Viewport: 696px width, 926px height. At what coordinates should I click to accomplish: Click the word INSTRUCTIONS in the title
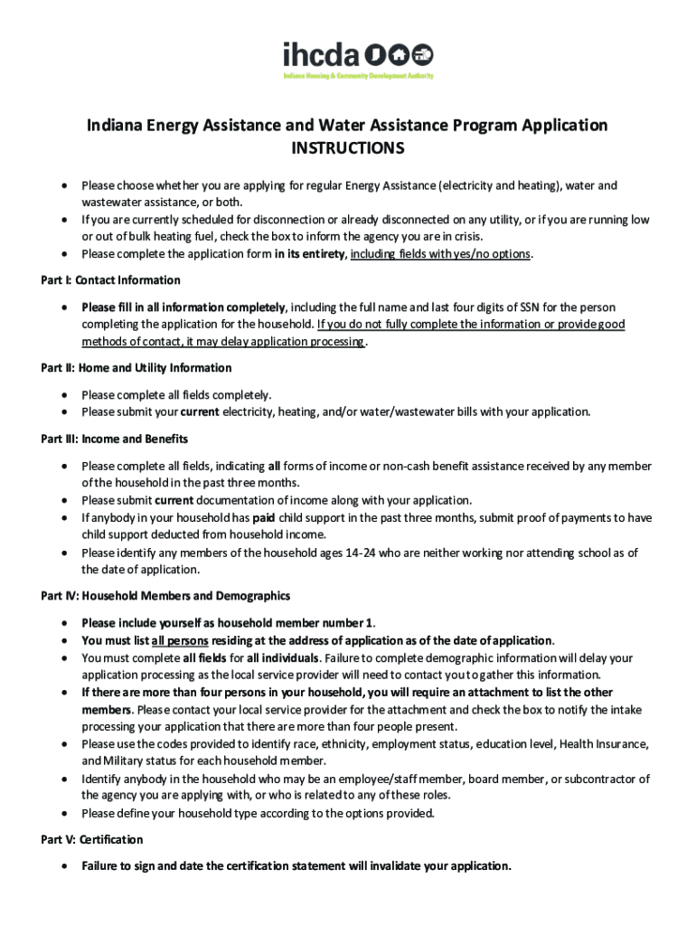coord(347,147)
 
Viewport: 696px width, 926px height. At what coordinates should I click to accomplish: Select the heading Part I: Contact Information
coord(110,280)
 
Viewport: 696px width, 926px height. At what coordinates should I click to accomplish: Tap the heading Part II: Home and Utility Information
coord(136,368)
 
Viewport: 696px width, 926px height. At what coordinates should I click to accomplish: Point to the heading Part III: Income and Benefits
coord(114,439)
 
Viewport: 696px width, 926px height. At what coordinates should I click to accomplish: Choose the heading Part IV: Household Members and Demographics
coord(165,596)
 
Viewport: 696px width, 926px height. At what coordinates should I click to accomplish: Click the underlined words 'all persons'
coord(179,640)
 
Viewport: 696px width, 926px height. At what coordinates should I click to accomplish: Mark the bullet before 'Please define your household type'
coord(63,813)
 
